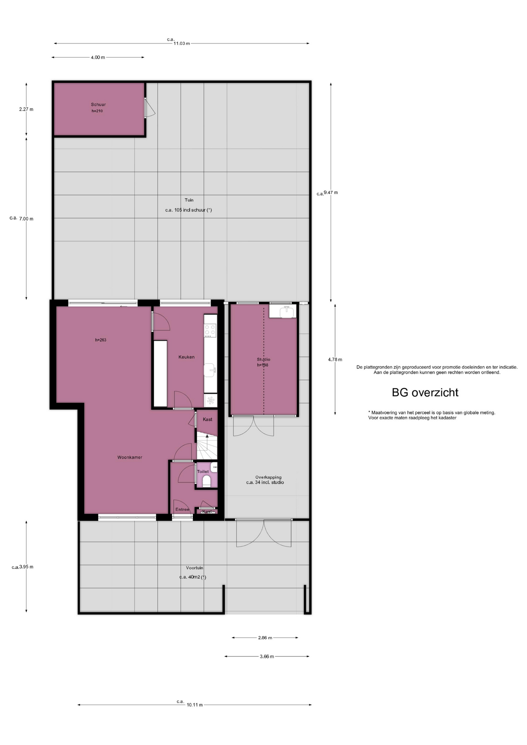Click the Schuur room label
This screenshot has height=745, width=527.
click(98, 104)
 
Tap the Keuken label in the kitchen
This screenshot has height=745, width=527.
click(186, 357)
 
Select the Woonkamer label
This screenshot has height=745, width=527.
click(130, 457)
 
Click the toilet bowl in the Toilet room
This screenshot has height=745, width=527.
click(206, 481)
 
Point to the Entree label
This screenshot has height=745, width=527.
click(182, 509)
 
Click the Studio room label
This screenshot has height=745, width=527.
click(263, 359)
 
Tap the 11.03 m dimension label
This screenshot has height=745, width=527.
click(182, 43)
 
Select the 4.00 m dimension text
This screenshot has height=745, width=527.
click(98, 57)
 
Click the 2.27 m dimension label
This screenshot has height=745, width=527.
click(26, 109)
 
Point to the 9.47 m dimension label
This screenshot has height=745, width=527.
click(331, 192)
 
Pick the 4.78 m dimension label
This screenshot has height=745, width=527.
click(335, 360)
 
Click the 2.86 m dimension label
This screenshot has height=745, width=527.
click(265, 638)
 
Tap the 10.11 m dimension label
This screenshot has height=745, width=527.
click(194, 705)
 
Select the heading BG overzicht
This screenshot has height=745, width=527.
click(425, 393)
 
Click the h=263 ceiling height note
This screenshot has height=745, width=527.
click(101, 340)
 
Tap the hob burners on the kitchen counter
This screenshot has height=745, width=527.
click(210, 330)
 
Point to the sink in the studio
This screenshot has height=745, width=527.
click(287, 311)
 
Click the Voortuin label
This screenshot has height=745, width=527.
click(194, 568)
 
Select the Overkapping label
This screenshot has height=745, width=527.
click(268, 477)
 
